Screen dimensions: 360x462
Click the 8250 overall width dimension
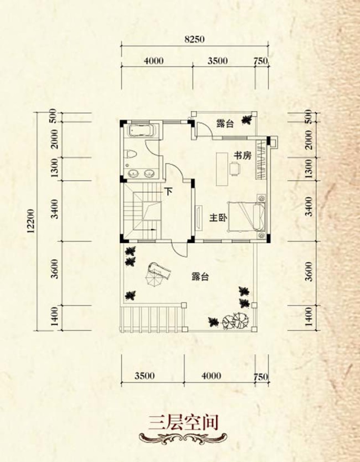pos(194,39)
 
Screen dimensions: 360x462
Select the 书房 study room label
pos(243,155)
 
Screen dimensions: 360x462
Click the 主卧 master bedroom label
pos(218,218)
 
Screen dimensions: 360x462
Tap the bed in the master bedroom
pos(247,216)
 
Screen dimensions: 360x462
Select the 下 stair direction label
pos(168,192)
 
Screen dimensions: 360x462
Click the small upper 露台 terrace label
pos(225,124)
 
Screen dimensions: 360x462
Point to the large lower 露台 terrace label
pos(200,277)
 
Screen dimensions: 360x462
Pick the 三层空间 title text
pos(183,422)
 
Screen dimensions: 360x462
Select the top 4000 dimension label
pos(154,61)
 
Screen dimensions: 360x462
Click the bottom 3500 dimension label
pos(144,376)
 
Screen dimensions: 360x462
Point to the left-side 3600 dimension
pos(55,268)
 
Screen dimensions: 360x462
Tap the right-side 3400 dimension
pos(308,207)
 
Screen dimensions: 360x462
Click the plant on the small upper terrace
pos(247,119)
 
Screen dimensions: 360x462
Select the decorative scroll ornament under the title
pos(183,438)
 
